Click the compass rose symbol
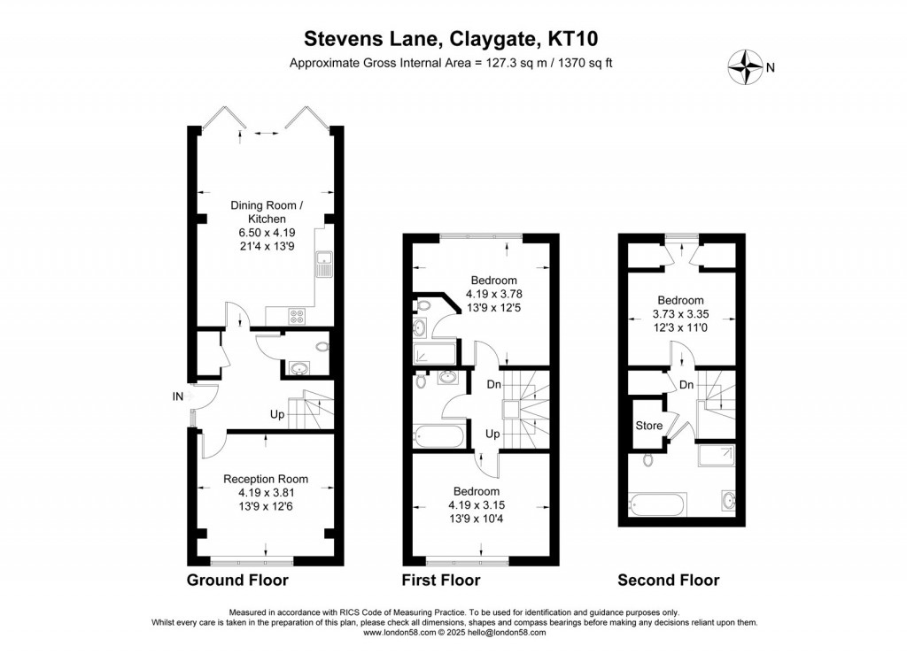point(746,65)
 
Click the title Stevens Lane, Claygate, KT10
point(456,38)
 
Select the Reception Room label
point(266,479)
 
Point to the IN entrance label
point(177,396)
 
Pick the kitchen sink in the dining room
point(325,265)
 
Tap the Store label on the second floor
point(648,426)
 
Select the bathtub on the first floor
point(438,437)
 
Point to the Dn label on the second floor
point(686,385)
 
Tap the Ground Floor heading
point(237,581)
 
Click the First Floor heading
point(441,581)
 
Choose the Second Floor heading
point(669,581)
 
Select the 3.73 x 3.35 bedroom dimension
point(680,314)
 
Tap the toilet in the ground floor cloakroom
point(321,346)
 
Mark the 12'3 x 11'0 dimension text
point(680,328)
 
